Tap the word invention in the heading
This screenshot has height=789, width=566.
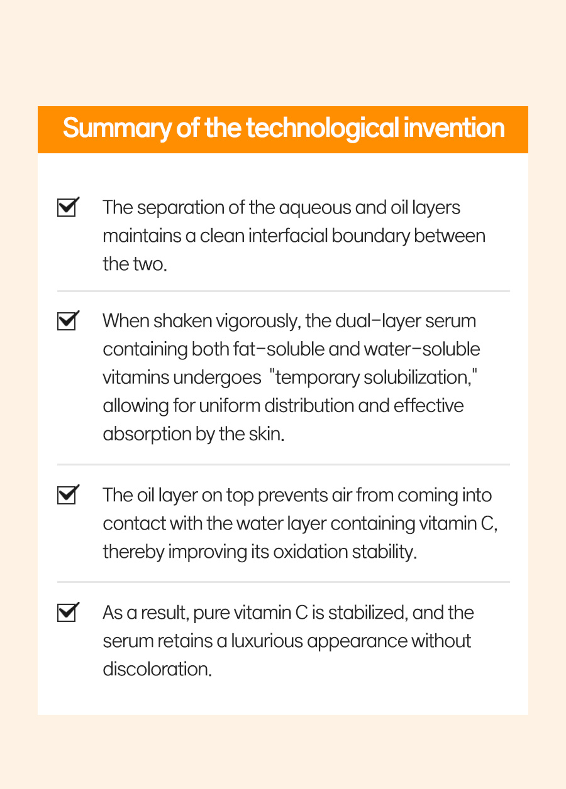[454, 128]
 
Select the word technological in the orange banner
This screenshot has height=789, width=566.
[323, 129]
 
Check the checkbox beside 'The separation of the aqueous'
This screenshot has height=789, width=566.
[68, 207]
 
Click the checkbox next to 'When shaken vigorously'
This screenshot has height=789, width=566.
[68, 320]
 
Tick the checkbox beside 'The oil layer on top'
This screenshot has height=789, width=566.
[68, 494]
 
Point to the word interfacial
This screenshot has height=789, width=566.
[288, 236]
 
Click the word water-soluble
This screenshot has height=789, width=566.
[422, 349]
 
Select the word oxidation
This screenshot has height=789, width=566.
[310, 552]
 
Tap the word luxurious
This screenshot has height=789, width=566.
[267, 641]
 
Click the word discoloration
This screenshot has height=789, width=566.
[157, 670]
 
